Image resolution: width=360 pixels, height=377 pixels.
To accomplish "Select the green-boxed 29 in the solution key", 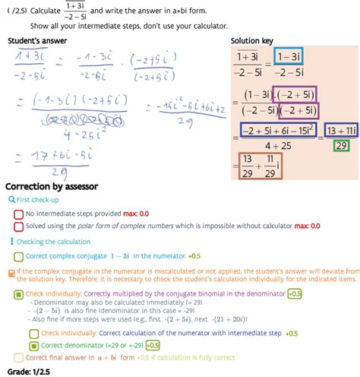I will coord(342,146).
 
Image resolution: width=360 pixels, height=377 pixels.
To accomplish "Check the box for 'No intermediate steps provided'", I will coord(18,214).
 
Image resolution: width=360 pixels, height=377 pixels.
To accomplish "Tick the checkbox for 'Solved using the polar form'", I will coord(18,226).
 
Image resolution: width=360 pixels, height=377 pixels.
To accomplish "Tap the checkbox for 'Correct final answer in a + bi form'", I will coord(18,356).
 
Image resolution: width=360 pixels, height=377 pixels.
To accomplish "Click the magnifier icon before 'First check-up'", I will coord(11,199).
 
